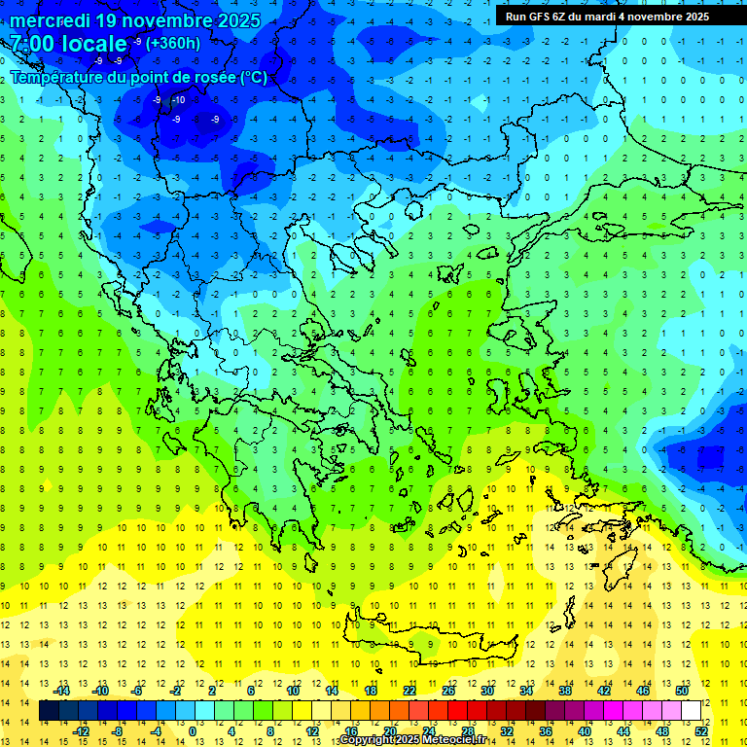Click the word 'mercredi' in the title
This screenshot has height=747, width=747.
50,19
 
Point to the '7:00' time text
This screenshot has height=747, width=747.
33,44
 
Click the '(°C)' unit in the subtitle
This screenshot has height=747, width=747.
253,78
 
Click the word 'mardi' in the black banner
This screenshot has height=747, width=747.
602,17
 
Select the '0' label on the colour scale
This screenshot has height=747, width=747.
194,731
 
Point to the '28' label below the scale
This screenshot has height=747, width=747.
467,731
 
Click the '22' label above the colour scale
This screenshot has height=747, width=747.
409,690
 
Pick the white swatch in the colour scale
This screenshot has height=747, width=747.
692,711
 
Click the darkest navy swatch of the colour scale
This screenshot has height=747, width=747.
49,711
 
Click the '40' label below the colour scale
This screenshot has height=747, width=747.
585,731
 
